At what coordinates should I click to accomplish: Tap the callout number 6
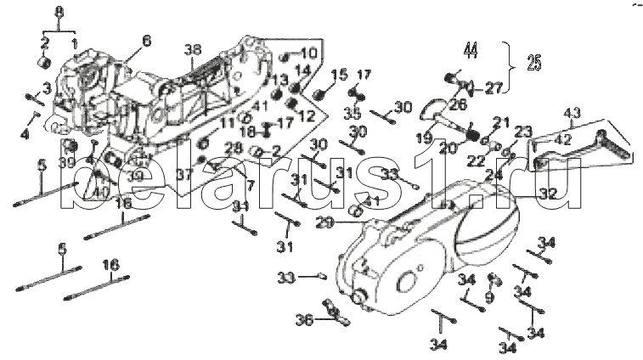pos(146,40)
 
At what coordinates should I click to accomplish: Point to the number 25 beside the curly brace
pos(533,62)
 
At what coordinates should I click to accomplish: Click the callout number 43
pos(572,113)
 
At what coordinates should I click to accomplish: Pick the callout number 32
pos(548,194)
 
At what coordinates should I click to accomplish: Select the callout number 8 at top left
pos(59,11)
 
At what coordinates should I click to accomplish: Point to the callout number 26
pos(459,104)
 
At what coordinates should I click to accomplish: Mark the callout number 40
pos(101,192)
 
